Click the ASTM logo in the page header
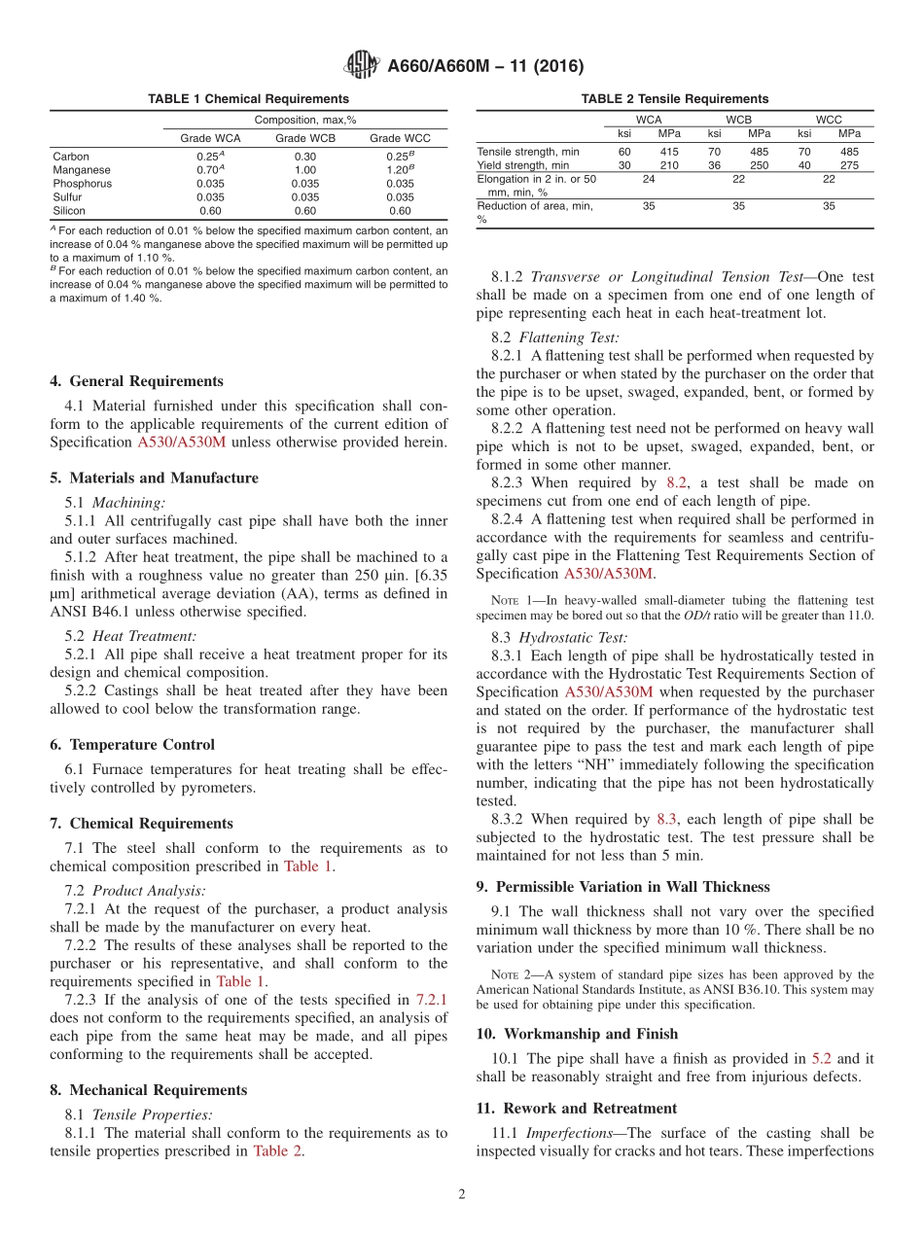tap(361, 67)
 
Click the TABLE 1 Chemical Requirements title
tap(248, 99)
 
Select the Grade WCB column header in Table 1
tap(305, 138)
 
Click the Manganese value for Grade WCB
tap(305, 170)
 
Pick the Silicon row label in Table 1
tap(69, 211)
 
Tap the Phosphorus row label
tap(82, 184)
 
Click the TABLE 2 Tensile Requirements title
tap(674, 99)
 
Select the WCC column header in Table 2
tap(829, 120)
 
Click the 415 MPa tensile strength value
tap(669, 152)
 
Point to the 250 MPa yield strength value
tap(759, 165)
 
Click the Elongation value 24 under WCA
tap(649, 179)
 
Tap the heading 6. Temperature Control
tap(132, 745)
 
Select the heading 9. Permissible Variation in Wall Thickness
tap(622, 887)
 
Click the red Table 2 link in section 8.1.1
tap(278, 1151)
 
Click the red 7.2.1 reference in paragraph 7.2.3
tap(432, 1000)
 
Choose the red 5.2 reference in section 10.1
tap(822, 1058)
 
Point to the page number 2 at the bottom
tap(462, 1194)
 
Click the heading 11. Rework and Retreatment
tap(577, 1109)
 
